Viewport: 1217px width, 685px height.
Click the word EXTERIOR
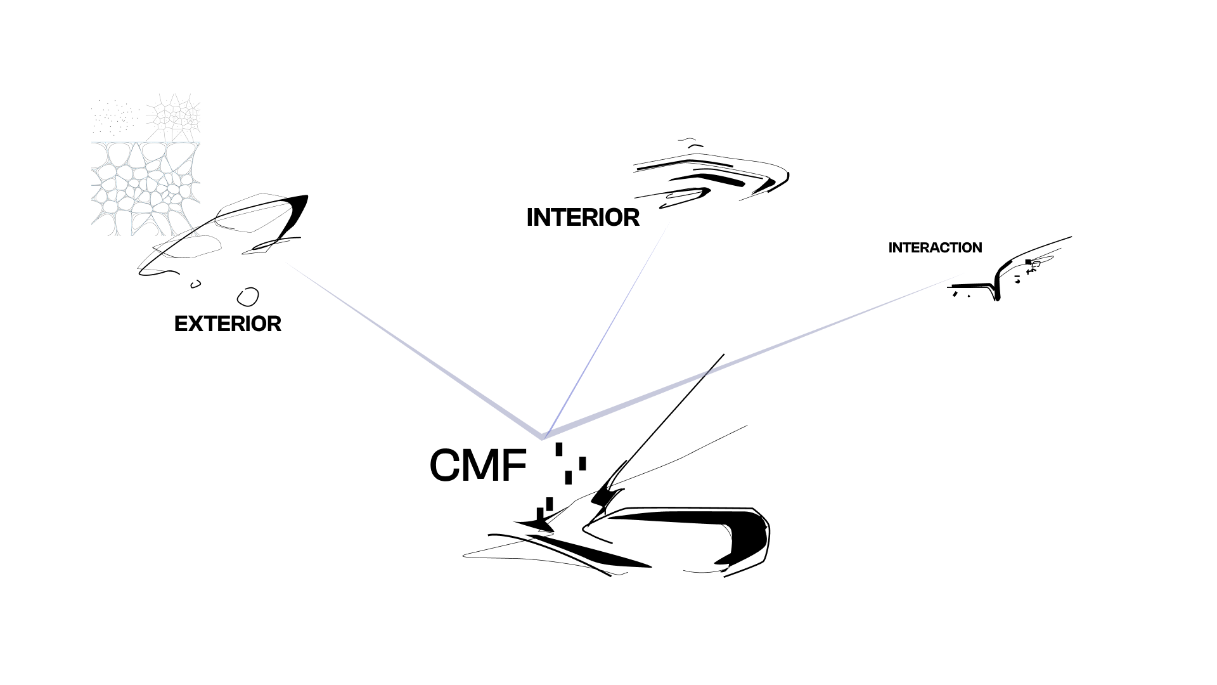point(228,324)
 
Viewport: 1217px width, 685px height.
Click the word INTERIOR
point(583,218)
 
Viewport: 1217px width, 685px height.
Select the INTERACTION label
point(935,248)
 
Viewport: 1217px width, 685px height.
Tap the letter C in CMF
point(448,466)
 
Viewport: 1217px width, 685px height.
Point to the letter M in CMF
point(485,466)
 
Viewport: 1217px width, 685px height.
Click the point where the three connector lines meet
point(543,438)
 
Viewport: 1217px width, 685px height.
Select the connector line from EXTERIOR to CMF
point(412,349)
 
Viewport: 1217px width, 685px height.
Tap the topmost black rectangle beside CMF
point(559,449)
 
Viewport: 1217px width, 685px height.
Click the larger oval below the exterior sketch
point(248,297)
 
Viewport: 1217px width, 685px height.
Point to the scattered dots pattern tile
point(116,117)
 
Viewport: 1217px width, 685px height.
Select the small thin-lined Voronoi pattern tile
point(173,117)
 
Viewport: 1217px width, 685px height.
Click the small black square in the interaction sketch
point(1028,262)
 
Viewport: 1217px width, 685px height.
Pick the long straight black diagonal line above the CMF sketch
point(672,412)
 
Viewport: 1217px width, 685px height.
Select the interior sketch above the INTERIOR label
point(710,174)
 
